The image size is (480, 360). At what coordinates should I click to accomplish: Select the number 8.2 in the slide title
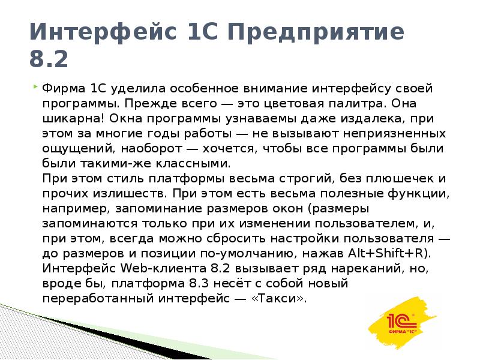[x=48, y=60]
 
